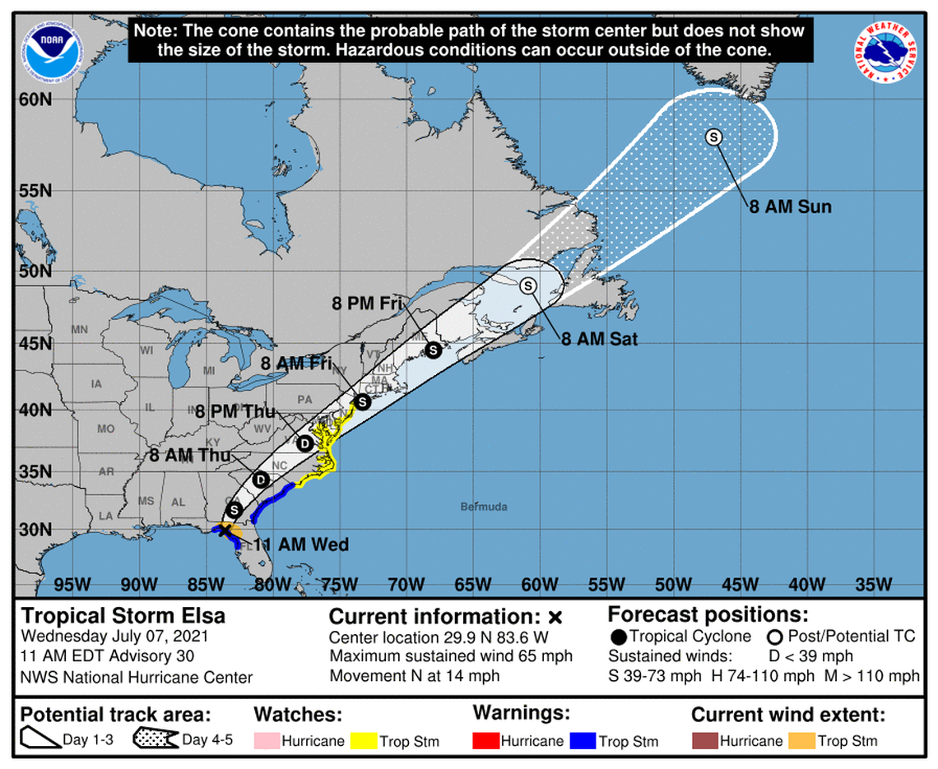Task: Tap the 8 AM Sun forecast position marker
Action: tap(713, 137)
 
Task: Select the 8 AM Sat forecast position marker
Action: tap(528, 285)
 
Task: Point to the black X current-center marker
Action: tap(225, 530)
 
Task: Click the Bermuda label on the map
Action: tap(484, 507)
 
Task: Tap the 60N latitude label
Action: tap(36, 100)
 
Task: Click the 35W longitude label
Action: tap(873, 585)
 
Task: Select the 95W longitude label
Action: tap(72, 585)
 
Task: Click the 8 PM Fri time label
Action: tap(367, 303)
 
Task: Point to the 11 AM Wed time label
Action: tap(300, 544)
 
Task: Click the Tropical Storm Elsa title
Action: tap(123, 616)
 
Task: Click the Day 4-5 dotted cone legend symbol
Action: tap(156, 739)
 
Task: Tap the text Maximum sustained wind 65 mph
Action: tap(451, 656)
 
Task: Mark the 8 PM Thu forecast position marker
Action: tap(305, 444)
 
